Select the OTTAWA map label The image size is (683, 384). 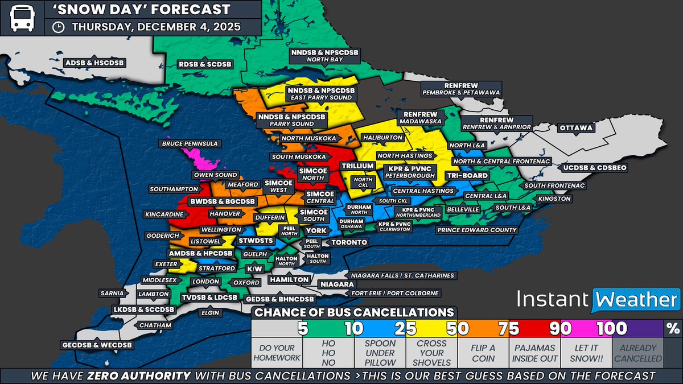pyautogui.click(x=576, y=128)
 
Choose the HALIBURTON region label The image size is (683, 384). pyautogui.click(x=385, y=138)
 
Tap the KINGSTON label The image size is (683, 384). pyautogui.click(x=554, y=199)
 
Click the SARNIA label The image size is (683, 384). pyautogui.click(x=111, y=294)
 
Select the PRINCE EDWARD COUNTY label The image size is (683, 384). pyautogui.click(x=476, y=230)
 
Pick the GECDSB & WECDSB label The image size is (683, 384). pyautogui.click(x=97, y=345)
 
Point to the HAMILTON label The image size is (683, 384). pyautogui.click(x=290, y=279)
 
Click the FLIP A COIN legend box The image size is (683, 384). pyautogui.click(x=483, y=353)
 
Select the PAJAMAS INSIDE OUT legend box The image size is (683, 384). pyautogui.click(x=534, y=353)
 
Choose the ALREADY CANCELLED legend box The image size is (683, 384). pyautogui.click(x=638, y=353)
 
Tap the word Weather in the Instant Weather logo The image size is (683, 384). pyautogui.click(x=636, y=299)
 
